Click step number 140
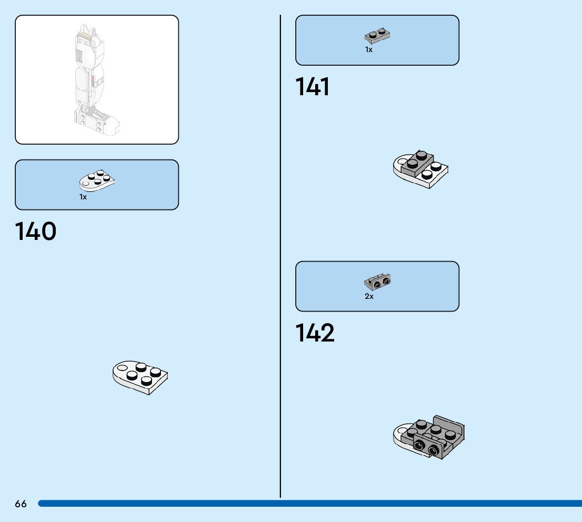[36, 232]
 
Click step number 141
[313, 87]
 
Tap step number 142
[315, 334]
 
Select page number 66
[21, 504]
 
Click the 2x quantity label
[369, 296]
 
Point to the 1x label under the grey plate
[368, 49]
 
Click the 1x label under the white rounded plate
[83, 197]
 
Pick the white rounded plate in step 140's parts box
[97, 180]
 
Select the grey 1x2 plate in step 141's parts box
[377, 36]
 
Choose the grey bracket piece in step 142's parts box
[377, 282]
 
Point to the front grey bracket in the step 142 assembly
[426, 446]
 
